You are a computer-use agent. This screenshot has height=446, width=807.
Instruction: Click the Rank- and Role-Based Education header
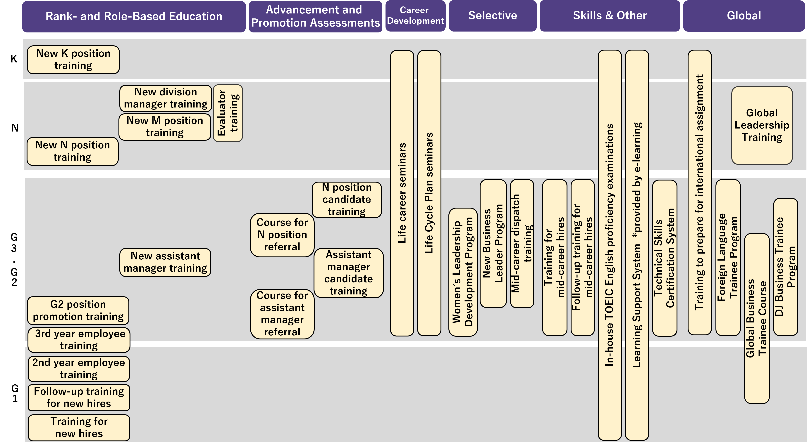click(x=134, y=16)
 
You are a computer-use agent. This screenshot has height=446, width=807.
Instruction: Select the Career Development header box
click(x=415, y=16)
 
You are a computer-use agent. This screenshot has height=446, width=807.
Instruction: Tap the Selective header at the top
click(x=493, y=16)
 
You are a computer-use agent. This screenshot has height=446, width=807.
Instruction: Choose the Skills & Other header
click(x=610, y=16)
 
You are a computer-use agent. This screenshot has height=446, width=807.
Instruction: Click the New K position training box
click(x=73, y=60)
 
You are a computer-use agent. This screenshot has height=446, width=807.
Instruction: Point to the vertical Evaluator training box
click(x=228, y=113)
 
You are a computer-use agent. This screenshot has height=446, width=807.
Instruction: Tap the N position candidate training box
click(x=347, y=200)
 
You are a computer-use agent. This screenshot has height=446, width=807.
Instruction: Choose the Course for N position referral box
click(x=282, y=235)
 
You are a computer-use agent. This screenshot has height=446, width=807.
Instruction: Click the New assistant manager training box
click(x=165, y=262)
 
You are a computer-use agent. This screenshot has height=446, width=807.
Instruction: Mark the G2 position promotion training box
click(x=78, y=310)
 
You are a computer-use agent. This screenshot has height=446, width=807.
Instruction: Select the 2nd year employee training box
click(x=79, y=369)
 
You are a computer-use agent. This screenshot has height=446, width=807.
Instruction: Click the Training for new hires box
click(x=79, y=428)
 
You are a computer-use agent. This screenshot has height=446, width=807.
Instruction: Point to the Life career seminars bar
click(x=402, y=193)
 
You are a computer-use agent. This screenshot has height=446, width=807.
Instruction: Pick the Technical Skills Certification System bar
click(x=665, y=258)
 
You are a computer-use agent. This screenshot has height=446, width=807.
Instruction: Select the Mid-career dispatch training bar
click(x=522, y=244)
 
